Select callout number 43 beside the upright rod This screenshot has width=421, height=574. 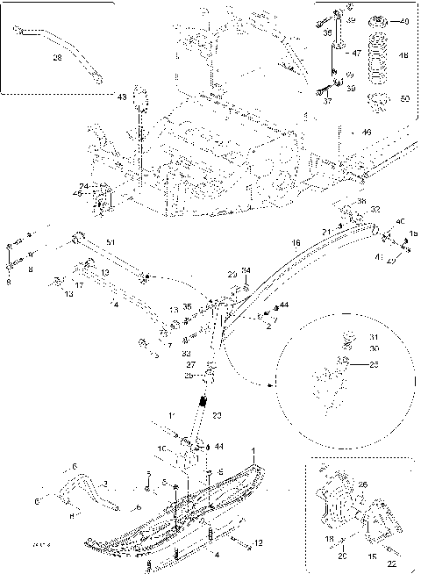tap(122, 97)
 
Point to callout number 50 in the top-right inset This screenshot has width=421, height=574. tap(404, 99)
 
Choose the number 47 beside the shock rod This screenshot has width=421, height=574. tap(357, 54)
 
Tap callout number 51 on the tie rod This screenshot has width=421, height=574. tap(110, 241)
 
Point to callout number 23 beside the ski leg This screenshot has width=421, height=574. tap(217, 415)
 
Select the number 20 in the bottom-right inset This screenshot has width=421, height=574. tap(343, 556)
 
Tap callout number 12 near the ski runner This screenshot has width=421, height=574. tap(234, 543)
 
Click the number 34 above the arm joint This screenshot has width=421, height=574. tap(246, 269)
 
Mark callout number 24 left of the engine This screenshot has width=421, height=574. tap(83, 185)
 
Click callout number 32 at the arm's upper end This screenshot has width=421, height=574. tap(375, 210)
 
